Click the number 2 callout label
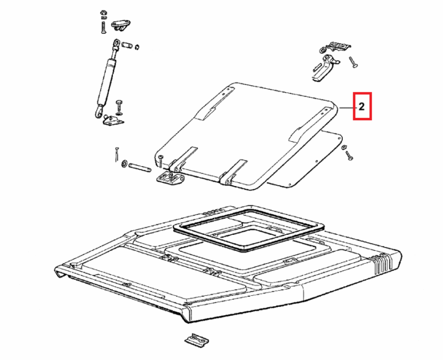[362, 106]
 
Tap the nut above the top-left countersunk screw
[103, 13]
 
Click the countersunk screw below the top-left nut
[103, 28]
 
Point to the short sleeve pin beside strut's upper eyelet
[127, 45]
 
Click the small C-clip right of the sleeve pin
[137, 47]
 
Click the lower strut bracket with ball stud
[113, 120]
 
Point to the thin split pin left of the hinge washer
[116, 155]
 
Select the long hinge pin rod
[140, 167]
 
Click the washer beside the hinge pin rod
[123, 163]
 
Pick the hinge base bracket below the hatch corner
[171, 177]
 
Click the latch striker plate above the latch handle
[338, 47]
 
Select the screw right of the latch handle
[353, 62]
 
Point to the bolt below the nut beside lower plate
[349, 156]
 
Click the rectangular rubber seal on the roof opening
[248, 228]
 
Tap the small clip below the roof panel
[197, 340]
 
